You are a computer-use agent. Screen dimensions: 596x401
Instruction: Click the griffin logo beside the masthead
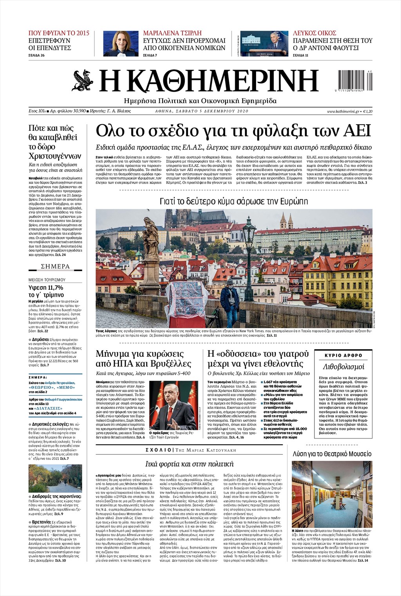tap(83, 80)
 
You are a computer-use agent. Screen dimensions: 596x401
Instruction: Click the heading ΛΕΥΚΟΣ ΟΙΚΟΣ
tap(314, 33)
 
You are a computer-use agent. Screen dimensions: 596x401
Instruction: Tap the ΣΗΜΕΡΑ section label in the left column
tap(55, 266)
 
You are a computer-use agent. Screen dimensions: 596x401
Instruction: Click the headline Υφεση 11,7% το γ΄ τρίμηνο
tap(46, 291)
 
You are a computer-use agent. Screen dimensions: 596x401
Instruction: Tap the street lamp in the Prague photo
tap(248, 251)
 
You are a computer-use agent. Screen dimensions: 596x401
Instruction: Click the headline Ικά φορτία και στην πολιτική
tap(189, 464)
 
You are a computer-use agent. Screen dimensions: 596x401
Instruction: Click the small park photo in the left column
tap(55, 478)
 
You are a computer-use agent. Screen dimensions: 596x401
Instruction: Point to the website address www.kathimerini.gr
tap(343, 111)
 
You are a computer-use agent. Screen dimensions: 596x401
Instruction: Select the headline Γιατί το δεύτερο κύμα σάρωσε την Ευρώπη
tap(234, 201)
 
